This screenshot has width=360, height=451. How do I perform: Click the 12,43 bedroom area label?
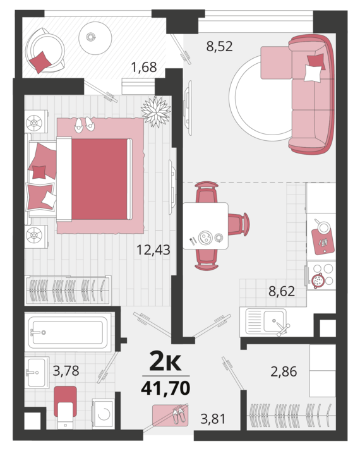point(153,250)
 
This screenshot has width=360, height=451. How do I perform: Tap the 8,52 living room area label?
point(219,46)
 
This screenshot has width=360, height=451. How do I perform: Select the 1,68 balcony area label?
point(144,67)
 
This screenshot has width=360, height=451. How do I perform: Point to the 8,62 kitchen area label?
point(282,291)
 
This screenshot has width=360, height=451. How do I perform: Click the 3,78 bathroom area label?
point(66,370)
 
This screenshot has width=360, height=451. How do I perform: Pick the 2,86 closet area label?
point(284,371)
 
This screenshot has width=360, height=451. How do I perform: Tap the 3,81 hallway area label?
point(213,419)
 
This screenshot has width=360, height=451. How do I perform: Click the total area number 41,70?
point(165,388)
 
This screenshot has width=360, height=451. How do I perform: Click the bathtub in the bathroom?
point(69,332)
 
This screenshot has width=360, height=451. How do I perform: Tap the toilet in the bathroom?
point(65,407)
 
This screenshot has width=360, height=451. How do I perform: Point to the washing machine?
point(103,414)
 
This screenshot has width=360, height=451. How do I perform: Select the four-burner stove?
point(321,275)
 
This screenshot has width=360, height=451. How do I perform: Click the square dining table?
point(205,225)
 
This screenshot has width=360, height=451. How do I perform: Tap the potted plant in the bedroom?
point(156,112)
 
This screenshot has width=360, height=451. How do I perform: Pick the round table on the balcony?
point(95,38)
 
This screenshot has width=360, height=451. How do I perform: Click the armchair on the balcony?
point(45,51)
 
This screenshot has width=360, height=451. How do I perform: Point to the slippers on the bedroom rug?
point(85,124)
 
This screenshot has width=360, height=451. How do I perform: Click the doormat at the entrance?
point(171,415)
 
